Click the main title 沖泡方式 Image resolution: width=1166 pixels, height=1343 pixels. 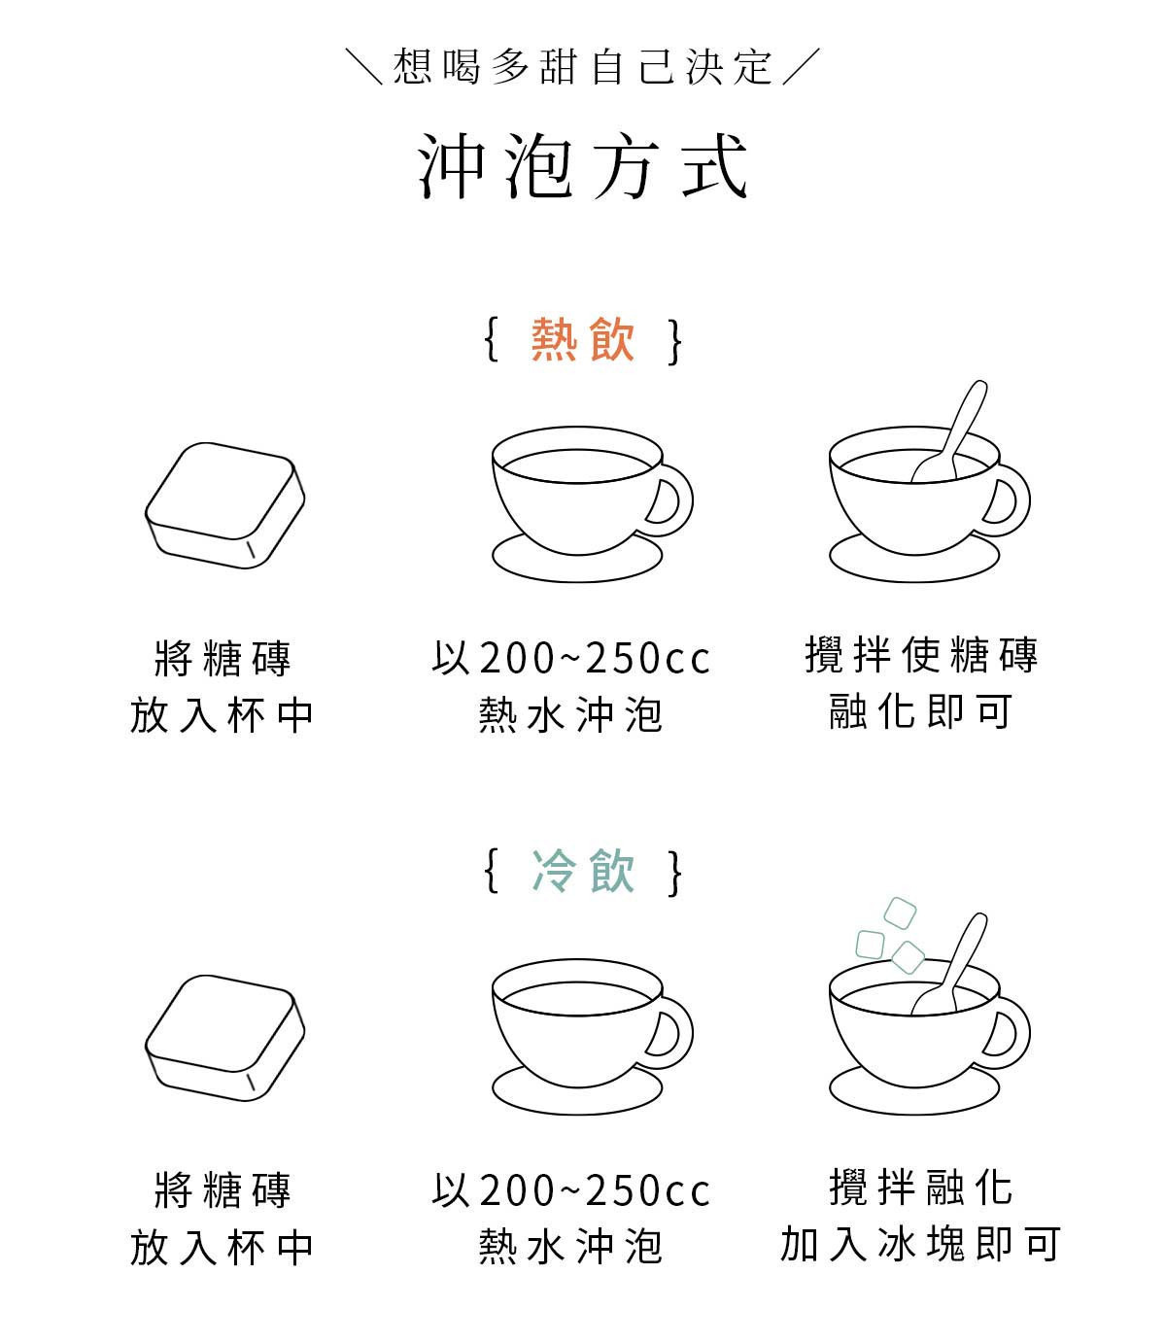(x=583, y=166)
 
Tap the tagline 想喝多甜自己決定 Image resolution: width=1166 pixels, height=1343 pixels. (x=583, y=67)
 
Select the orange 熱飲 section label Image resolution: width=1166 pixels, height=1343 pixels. (x=583, y=340)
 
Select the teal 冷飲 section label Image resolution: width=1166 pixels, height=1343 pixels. (x=583, y=871)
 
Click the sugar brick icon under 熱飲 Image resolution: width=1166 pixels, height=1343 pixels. (x=224, y=505)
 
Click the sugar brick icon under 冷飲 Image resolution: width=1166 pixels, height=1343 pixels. (x=224, y=1037)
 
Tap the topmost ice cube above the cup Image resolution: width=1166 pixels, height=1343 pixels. (x=900, y=913)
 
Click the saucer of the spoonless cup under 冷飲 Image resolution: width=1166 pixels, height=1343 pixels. (x=577, y=1094)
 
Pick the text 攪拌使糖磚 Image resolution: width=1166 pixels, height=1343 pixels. (x=921, y=656)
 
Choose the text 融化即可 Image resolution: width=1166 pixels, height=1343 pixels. (x=921, y=712)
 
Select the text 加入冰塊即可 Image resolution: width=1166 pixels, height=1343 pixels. (x=921, y=1244)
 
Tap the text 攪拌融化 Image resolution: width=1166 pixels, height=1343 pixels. (x=921, y=1187)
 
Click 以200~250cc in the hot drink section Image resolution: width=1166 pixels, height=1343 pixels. (x=571, y=659)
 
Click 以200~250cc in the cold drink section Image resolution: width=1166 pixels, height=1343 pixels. (x=571, y=1190)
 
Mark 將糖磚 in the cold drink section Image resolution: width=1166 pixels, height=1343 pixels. (x=223, y=1190)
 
